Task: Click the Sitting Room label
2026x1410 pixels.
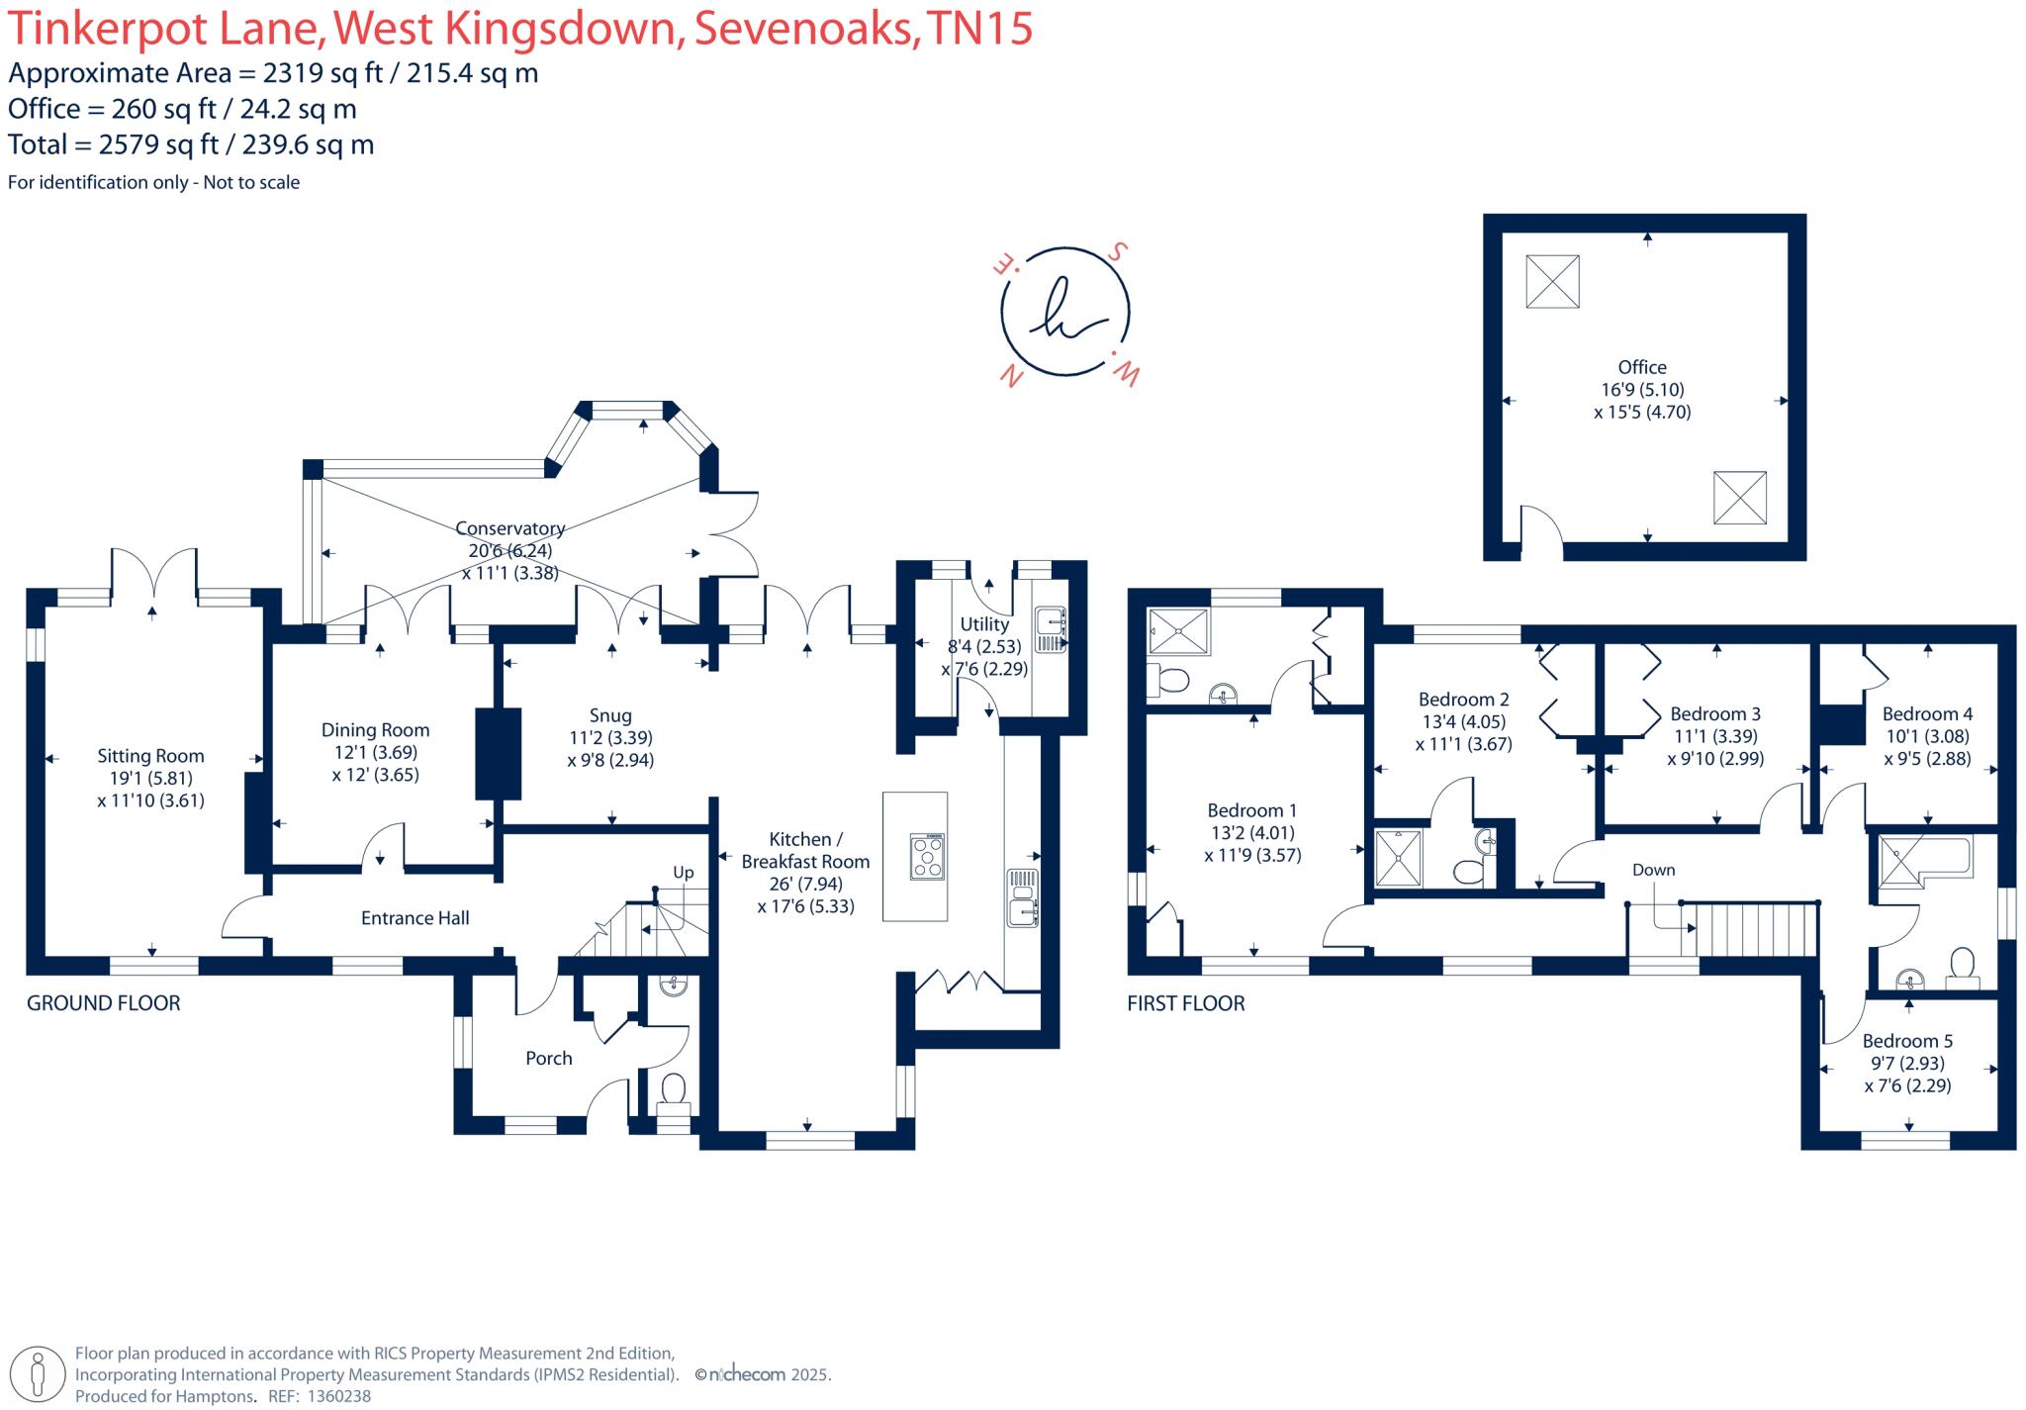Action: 150,756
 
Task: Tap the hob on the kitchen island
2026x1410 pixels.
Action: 928,857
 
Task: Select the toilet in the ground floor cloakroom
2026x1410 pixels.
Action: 673,1089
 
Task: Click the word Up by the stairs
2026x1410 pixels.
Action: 684,873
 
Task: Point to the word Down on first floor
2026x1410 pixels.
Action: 1653,870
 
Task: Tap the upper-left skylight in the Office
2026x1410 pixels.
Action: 1552,281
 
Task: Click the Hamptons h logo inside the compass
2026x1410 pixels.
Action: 1064,312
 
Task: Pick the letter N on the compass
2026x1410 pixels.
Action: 1011,377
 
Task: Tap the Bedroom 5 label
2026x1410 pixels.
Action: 1906,1041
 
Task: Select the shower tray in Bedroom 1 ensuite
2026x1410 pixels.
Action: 1178,631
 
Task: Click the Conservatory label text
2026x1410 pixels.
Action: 509,529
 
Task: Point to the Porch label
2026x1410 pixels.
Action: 548,1058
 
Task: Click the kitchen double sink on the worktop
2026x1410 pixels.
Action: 1021,897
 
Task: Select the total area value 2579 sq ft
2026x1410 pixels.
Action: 158,144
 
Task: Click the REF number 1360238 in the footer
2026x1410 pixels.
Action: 335,1396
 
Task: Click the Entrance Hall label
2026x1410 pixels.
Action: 414,918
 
